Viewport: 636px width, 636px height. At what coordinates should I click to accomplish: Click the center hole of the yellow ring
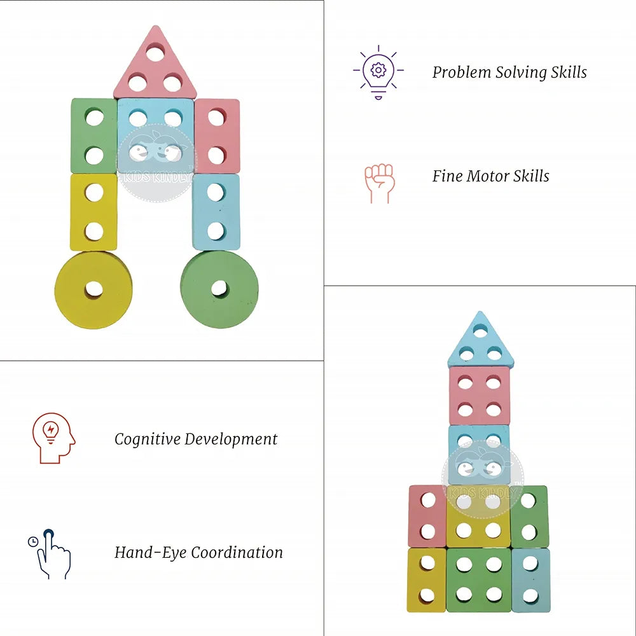[93, 289]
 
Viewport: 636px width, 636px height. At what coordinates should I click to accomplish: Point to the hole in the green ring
[219, 289]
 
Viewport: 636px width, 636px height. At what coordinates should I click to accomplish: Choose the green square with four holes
[479, 579]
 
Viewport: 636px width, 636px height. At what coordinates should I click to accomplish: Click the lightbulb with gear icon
[378, 71]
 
